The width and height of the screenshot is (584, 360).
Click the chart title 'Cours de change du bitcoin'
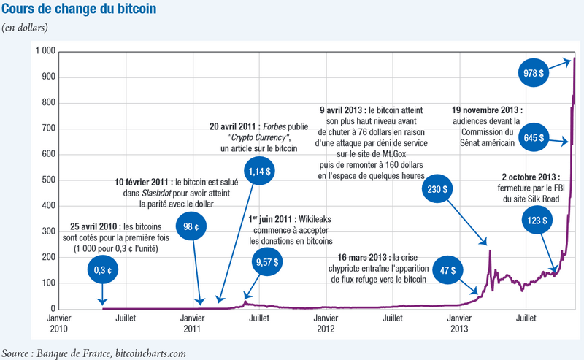click(x=79, y=9)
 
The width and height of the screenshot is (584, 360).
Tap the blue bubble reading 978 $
click(x=534, y=73)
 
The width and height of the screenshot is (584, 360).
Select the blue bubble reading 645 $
click(x=534, y=137)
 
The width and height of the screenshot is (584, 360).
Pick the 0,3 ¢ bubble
click(x=103, y=269)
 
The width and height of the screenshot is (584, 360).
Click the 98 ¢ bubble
click(x=191, y=226)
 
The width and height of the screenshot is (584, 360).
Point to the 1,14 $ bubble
click(x=260, y=171)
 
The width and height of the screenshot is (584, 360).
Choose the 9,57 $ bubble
click(x=267, y=261)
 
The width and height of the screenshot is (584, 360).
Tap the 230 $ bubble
click(x=437, y=188)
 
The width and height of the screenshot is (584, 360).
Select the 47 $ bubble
click(x=447, y=269)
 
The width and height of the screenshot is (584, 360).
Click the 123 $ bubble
click(x=537, y=220)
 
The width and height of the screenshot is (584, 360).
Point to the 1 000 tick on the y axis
click(x=45, y=50)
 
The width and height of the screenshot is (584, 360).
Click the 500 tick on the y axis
click(x=48, y=180)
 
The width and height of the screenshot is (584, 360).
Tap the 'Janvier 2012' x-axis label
click(x=326, y=323)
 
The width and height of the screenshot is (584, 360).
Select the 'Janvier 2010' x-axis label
click(x=58, y=323)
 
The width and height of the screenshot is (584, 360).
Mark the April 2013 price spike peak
click(x=490, y=250)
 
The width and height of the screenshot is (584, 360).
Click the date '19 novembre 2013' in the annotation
click(x=485, y=110)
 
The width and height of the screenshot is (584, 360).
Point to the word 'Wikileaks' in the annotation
click(x=315, y=219)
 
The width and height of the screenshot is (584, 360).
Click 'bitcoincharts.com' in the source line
click(x=150, y=353)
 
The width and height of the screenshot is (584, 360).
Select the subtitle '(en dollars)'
click(x=25, y=28)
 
